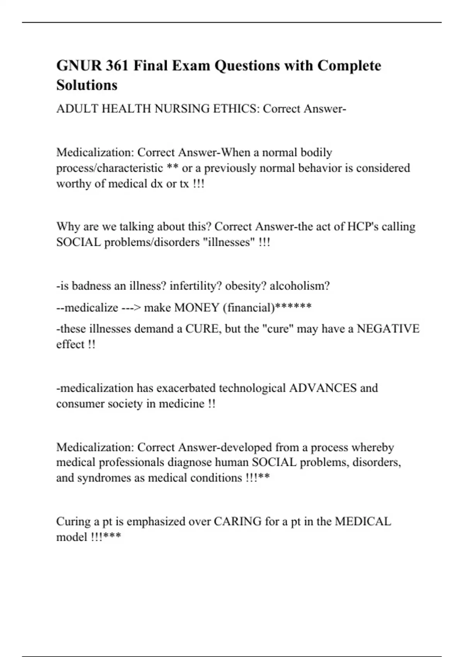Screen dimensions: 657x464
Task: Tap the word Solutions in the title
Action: click(x=87, y=85)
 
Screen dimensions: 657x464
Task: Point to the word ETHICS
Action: click(x=235, y=109)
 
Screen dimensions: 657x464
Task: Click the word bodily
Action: click(x=316, y=153)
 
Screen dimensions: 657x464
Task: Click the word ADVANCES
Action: click(x=323, y=388)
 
